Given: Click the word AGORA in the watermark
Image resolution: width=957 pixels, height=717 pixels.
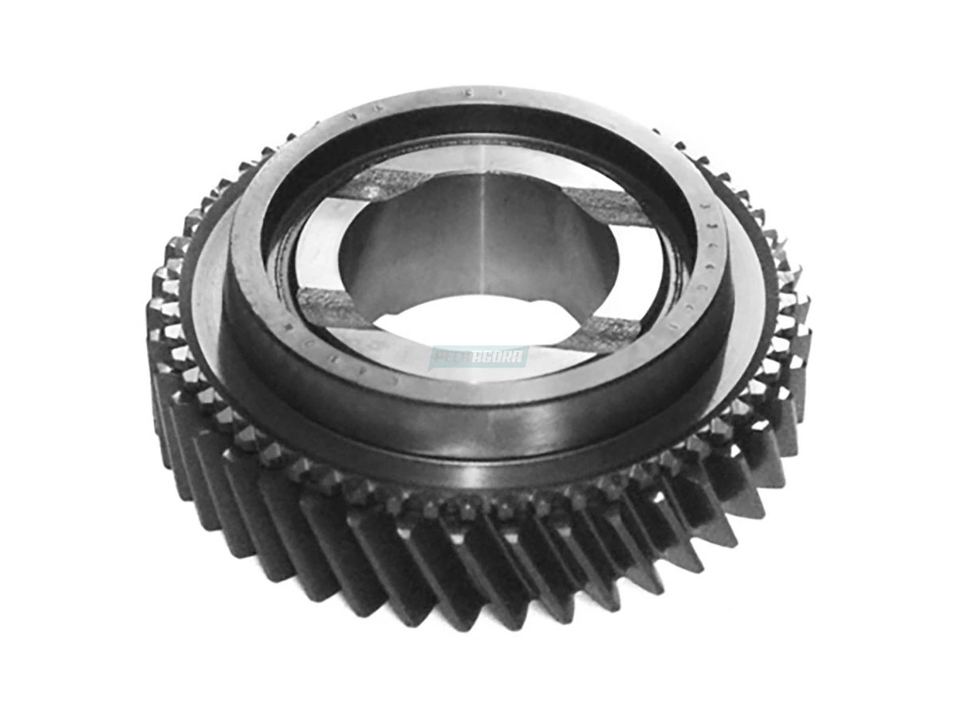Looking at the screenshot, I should pyautogui.click(x=496, y=356).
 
